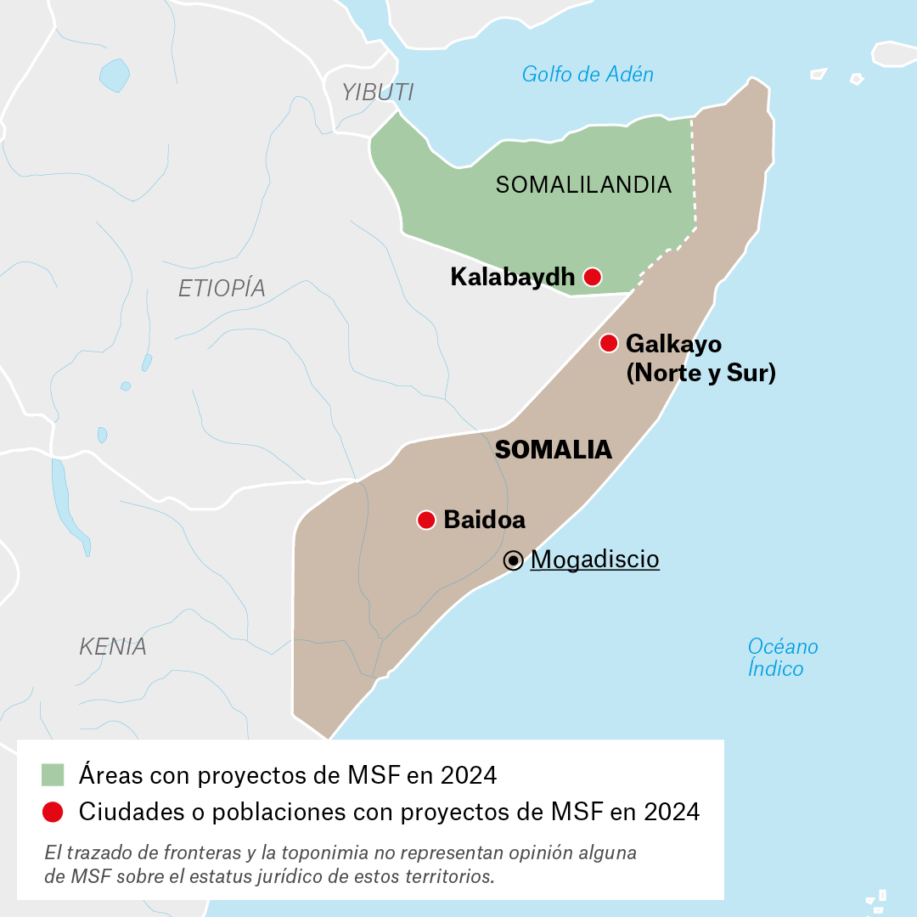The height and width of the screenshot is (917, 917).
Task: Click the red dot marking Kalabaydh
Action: click(593, 277)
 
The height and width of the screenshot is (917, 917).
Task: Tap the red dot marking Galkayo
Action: click(609, 343)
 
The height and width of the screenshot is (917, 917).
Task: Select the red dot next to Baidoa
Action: click(426, 520)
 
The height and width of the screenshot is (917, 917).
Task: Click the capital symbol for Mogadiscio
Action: click(513, 560)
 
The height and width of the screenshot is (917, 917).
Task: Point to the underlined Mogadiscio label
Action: click(594, 560)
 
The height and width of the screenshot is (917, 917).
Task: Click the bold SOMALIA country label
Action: click(554, 450)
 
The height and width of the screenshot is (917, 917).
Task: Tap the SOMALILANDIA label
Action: click(583, 185)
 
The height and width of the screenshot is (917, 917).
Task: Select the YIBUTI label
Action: click(378, 93)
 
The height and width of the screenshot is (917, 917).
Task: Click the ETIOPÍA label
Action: click(222, 289)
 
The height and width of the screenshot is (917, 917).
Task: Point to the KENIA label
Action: click(113, 647)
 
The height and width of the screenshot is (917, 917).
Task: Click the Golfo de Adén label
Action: click(588, 75)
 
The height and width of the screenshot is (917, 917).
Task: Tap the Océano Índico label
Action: click(782, 658)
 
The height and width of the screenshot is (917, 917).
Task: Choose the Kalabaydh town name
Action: click(513, 277)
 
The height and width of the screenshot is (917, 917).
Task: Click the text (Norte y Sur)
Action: click(700, 374)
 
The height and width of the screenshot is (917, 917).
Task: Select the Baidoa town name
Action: click(484, 520)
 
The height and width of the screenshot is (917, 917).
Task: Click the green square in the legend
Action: click(53, 775)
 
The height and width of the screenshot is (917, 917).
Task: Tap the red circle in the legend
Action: click(53, 812)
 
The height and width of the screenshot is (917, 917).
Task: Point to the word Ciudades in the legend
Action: click(124, 812)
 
